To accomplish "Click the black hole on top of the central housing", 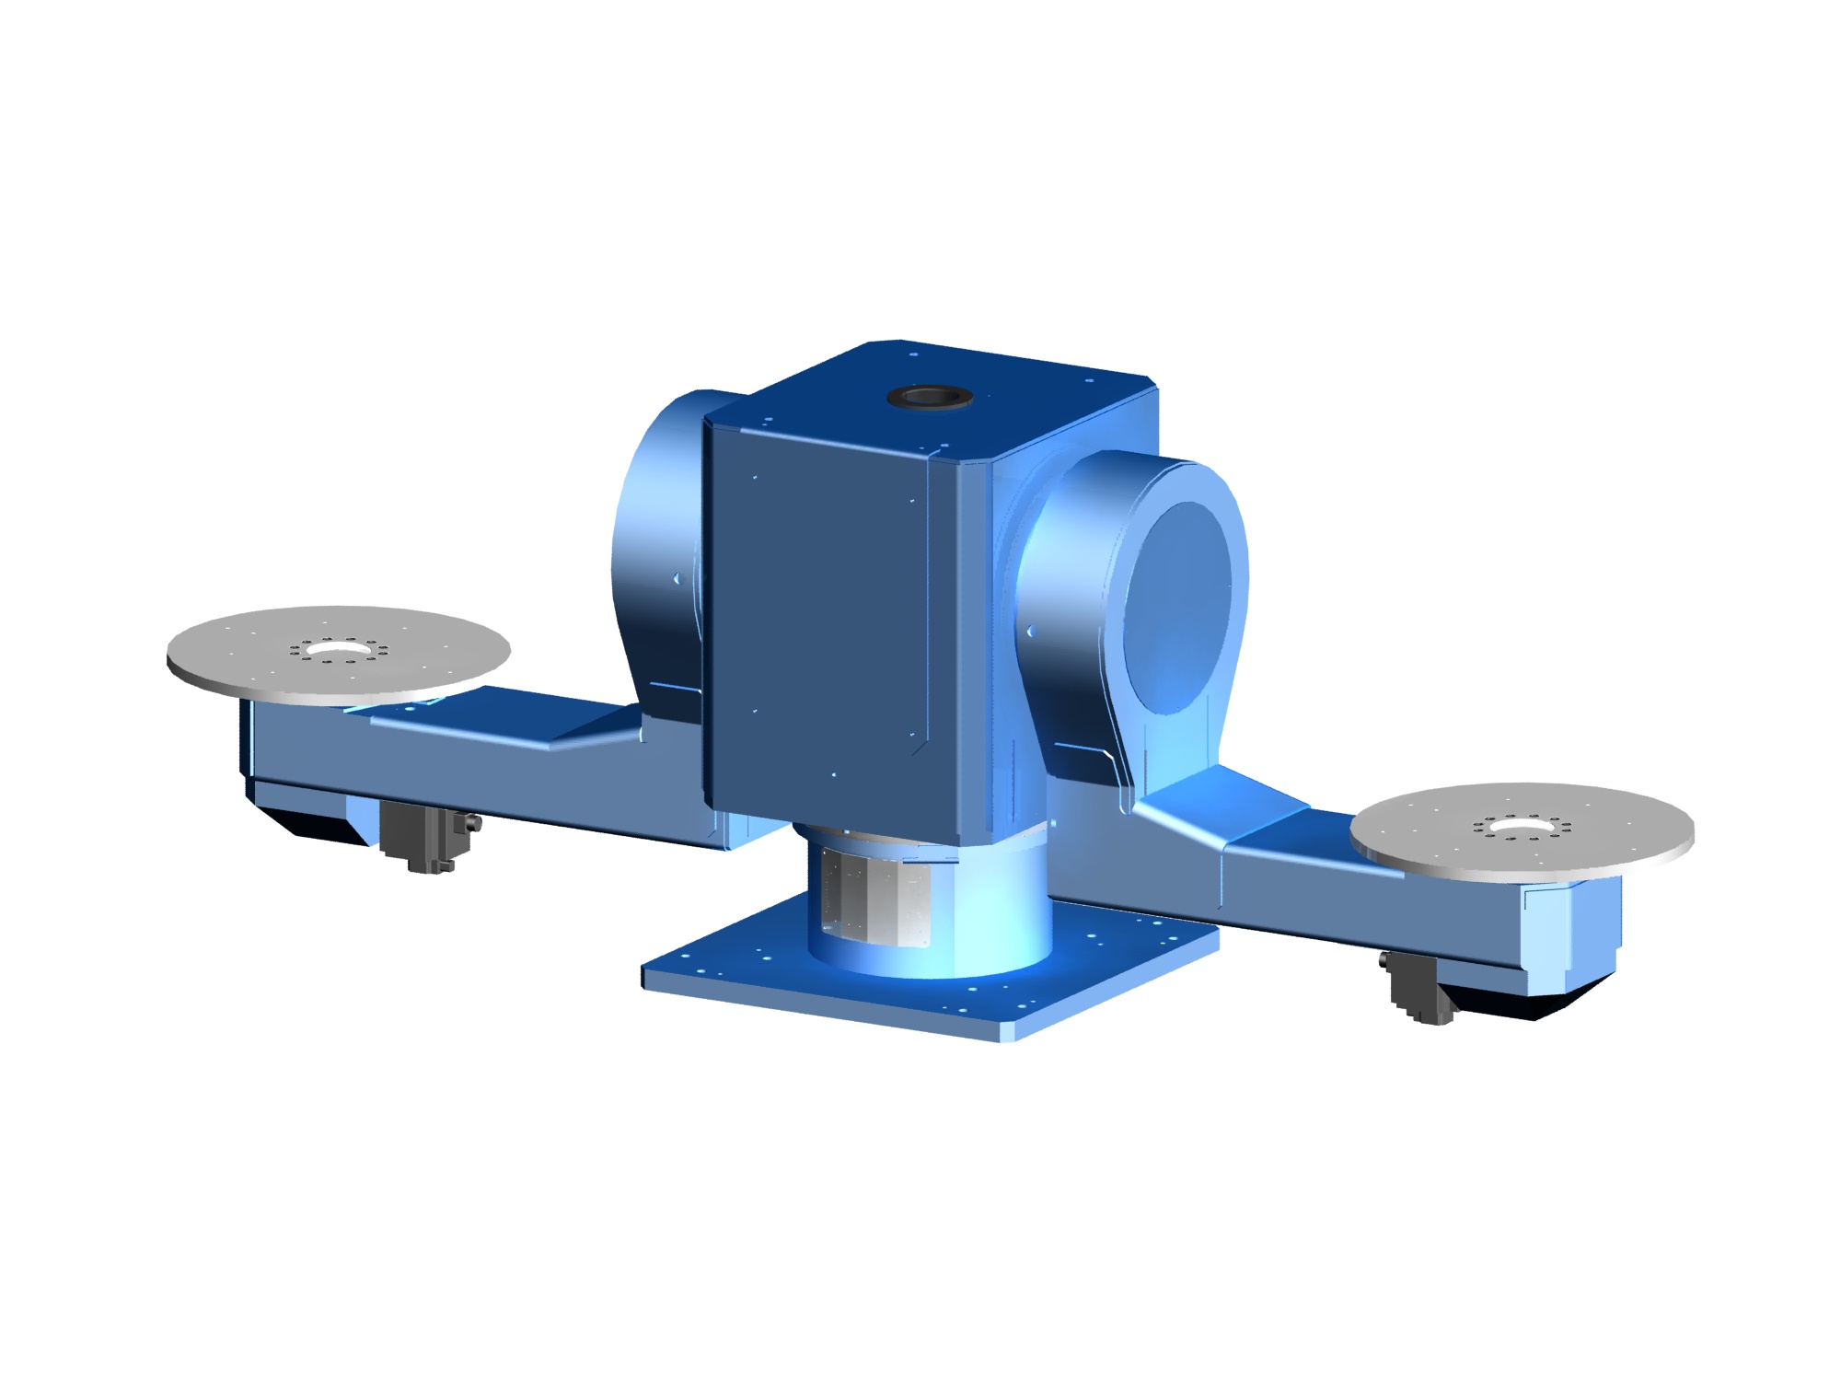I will click(x=931, y=398).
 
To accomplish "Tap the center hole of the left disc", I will click(x=339, y=649).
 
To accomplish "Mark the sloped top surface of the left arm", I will click(x=497, y=718).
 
